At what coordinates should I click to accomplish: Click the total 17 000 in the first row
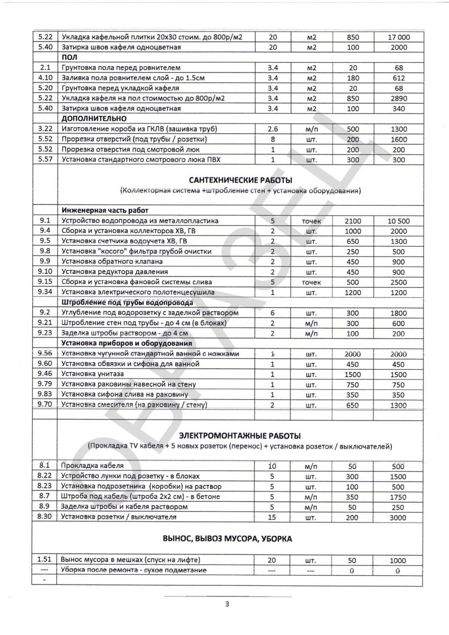[x=398, y=37]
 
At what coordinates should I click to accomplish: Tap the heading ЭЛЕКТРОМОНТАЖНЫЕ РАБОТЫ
[x=240, y=436]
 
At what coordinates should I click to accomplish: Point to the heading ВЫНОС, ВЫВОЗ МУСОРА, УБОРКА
[x=227, y=539]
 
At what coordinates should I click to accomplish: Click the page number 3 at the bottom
[x=226, y=604]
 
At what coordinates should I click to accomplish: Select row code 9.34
[x=45, y=293]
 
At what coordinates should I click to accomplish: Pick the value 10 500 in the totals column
[x=398, y=221]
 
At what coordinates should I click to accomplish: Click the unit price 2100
[x=353, y=221]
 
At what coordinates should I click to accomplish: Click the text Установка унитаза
[x=92, y=374]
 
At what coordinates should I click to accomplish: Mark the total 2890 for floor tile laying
[x=398, y=98]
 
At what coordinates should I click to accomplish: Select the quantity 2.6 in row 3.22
[x=272, y=129]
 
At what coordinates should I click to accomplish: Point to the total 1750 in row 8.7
[x=398, y=496]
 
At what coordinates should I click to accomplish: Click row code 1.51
[x=45, y=560]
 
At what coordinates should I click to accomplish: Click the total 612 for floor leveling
[x=398, y=78]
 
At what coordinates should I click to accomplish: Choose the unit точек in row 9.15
[x=311, y=282]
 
